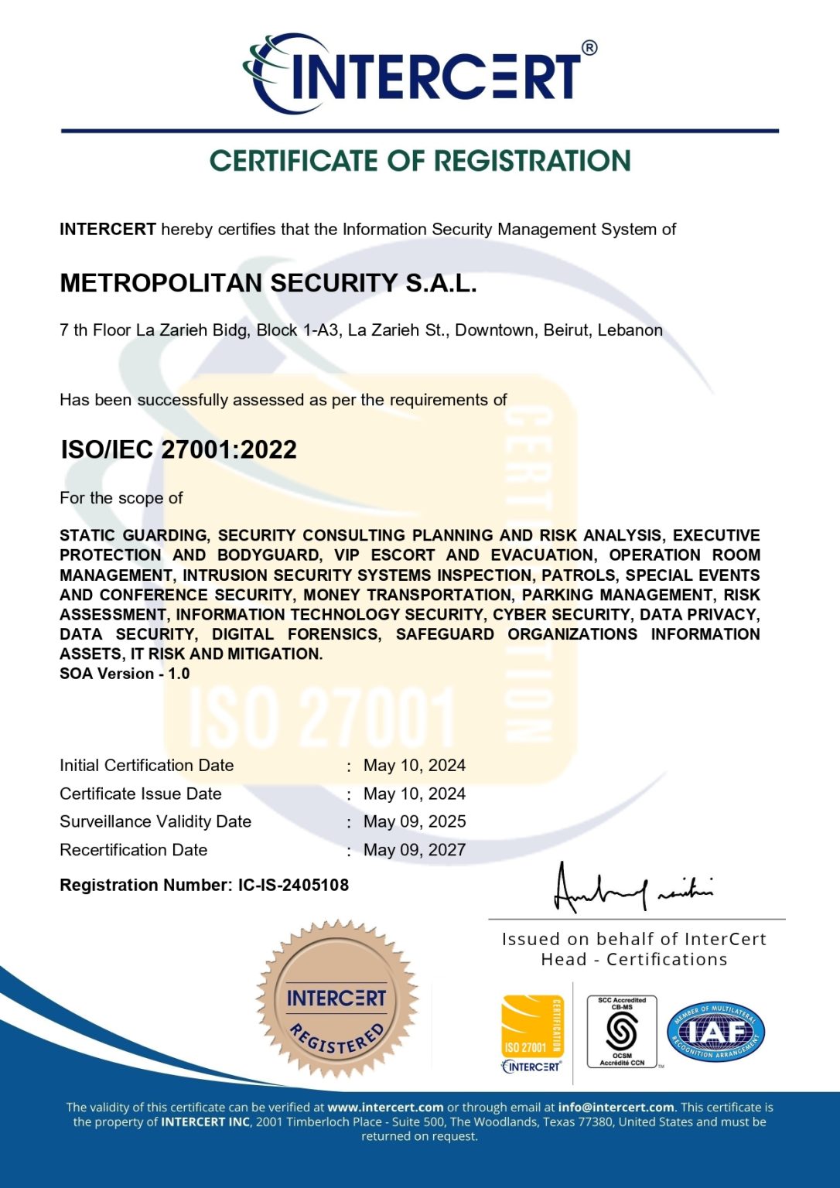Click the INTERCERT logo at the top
coord(418,73)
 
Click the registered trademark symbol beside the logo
coord(589,48)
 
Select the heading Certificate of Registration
coord(420,161)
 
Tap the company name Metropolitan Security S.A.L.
coord(268,283)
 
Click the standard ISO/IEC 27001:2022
coord(179,449)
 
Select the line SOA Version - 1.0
coord(125,674)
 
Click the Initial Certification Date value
coord(415,766)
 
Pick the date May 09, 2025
coord(415,821)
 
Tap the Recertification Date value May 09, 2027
coord(415,850)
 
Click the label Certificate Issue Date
coord(141,794)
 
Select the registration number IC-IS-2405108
coord(293,885)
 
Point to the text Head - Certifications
coord(634,960)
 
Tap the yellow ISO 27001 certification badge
coord(532,1029)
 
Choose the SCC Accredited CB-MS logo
coord(622,1032)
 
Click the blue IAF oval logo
coord(715,1033)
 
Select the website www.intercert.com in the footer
coord(385,1108)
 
